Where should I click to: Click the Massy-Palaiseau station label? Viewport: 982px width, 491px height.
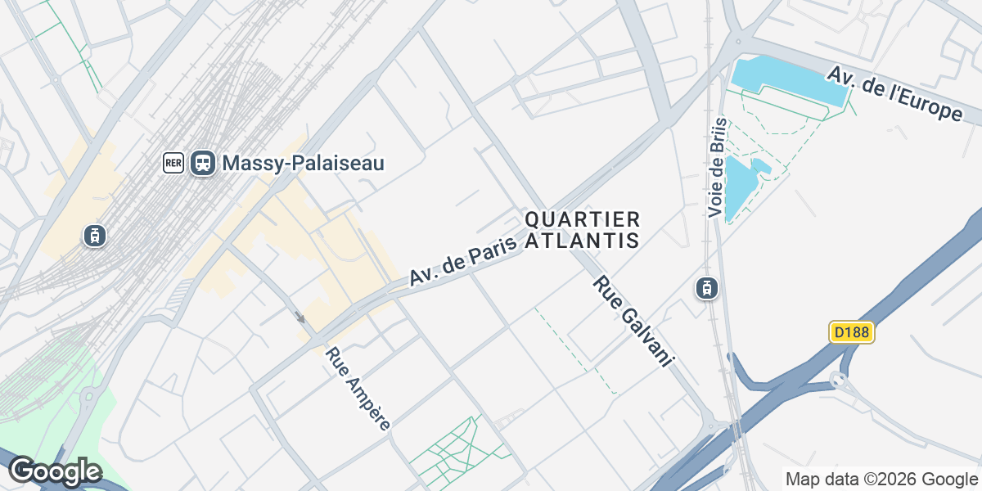(303, 163)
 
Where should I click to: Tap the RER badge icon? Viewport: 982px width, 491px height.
(173, 163)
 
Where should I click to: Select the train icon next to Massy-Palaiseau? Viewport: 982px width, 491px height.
(203, 163)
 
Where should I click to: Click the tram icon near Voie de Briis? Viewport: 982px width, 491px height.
(706, 288)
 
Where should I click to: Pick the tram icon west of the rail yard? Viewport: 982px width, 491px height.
(95, 236)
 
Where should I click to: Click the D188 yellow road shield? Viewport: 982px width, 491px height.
(852, 332)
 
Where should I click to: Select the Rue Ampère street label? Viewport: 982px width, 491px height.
(358, 388)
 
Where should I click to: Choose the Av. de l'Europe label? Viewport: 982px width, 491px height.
(894, 93)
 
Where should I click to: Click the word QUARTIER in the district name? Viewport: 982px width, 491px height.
(581, 219)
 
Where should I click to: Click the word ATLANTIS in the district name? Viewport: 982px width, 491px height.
(581, 241)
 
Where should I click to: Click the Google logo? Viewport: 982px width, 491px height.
(55, 471)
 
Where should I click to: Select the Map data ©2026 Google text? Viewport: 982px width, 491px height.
(881, 479)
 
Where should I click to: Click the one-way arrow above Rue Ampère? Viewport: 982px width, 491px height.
(300, 318)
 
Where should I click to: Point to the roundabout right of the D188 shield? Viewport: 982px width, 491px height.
(837, 380)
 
